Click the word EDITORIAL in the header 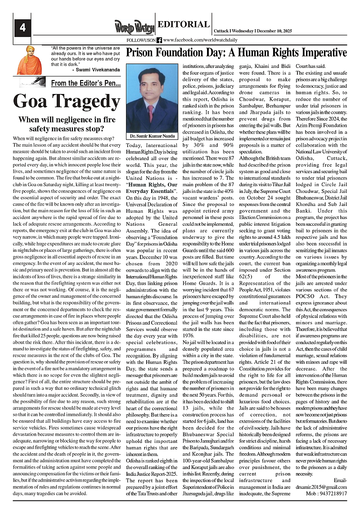184,25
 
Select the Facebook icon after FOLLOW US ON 159,40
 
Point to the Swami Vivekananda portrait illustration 29,60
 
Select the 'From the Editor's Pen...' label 85,83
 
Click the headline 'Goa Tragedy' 67,102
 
